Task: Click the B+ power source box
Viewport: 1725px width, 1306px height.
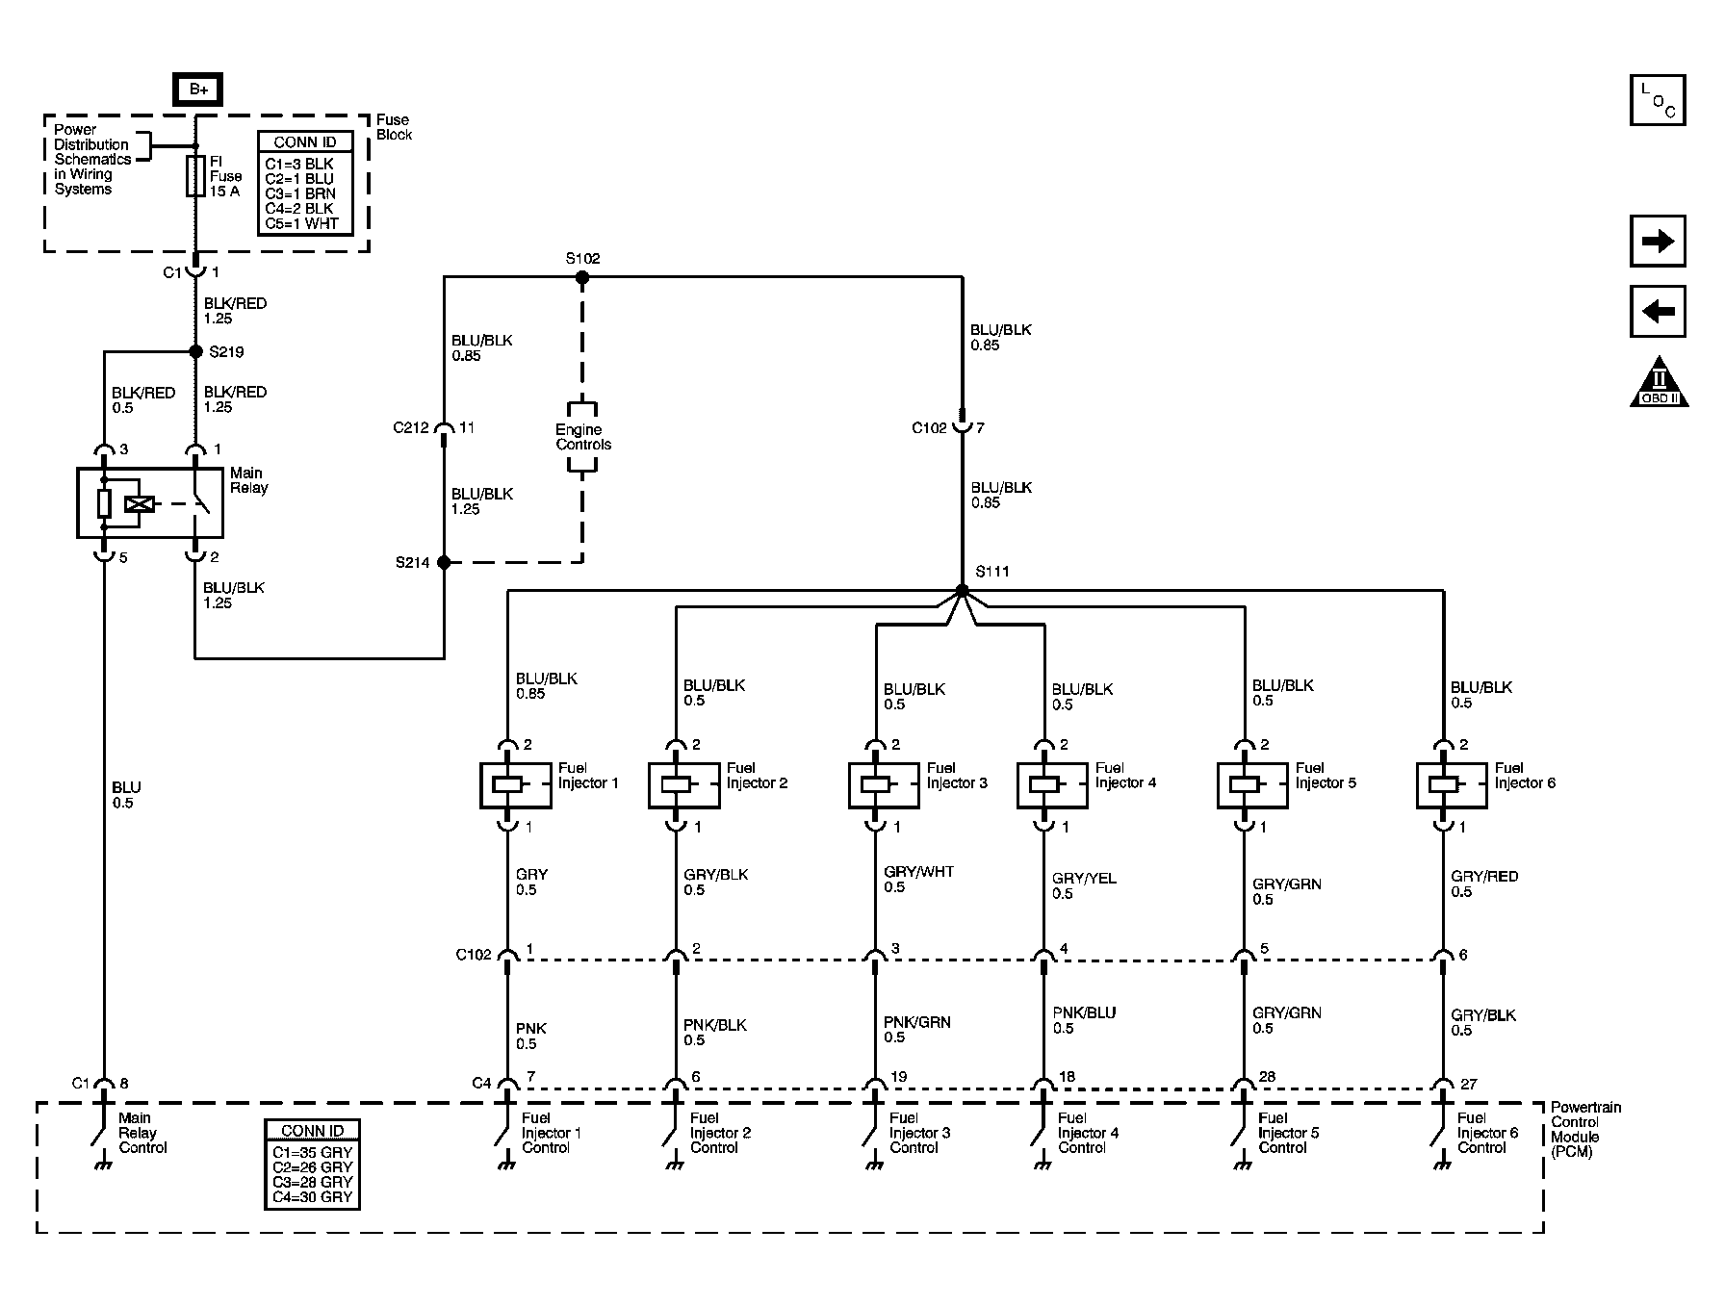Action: [197, 90]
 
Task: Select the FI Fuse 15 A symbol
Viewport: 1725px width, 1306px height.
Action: [195, 176]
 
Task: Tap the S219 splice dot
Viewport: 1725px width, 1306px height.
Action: [196, 352]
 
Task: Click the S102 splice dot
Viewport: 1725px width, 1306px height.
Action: [581, 277]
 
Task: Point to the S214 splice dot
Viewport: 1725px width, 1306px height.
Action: [444, 562]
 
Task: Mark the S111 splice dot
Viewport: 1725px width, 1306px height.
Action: [962, 590]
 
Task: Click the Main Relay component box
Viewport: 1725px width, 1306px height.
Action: [150, 502]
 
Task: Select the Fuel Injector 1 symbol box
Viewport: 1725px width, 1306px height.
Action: [515, 785]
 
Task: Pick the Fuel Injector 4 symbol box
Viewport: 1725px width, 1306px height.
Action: [1052, 785]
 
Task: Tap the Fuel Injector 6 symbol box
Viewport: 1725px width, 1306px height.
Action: [1452, 785]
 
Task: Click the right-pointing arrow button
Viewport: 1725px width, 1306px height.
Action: [1657, 241]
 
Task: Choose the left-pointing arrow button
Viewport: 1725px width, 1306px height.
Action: [1657, 311]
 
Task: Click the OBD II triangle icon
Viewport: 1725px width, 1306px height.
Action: [1659, 385]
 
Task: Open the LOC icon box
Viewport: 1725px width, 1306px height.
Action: [1657, 101]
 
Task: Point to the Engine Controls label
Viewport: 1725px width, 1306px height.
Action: [582, 437]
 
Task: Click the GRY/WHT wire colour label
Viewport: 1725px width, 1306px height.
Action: [918, 872]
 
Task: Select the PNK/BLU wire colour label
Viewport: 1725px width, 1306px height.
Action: [1084, 1012]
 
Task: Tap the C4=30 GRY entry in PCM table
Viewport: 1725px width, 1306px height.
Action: [312, 1197]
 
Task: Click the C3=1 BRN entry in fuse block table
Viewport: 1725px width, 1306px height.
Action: [300, 193]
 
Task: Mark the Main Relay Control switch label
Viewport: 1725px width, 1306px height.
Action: [142, 1133]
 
